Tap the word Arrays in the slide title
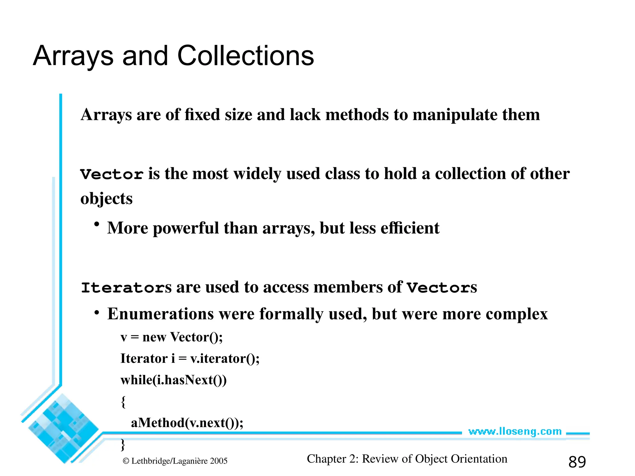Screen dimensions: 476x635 [73, 56]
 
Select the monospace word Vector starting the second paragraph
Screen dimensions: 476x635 [112, 174]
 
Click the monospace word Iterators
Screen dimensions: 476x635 [126, 288]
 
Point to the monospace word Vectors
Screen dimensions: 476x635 [442, 288]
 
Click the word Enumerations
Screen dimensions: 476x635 [161, 314]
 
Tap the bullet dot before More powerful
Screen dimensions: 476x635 [97, 224]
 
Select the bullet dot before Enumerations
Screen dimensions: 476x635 [97, 313]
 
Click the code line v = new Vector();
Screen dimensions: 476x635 [171, 337]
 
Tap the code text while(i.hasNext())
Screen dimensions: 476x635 [174, 380]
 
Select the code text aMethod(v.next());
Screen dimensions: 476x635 [187, 423]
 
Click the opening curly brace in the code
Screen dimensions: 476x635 [123, 402]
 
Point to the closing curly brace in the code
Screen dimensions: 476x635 [123, 445]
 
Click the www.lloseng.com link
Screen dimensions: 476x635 [515, 431]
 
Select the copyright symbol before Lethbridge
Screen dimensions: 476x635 [126, 461]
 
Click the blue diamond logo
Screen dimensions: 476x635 [63, 428]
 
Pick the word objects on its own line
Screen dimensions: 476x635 [106, 199]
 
